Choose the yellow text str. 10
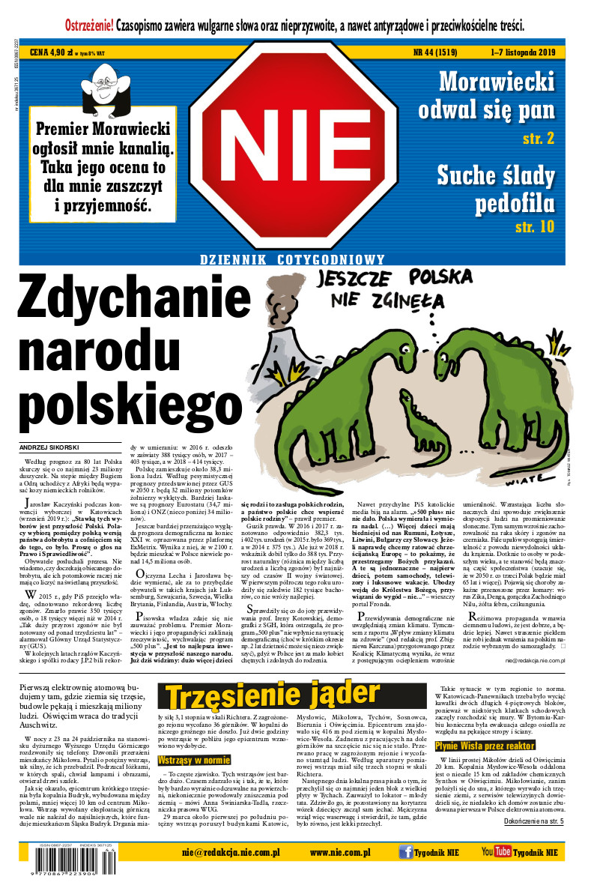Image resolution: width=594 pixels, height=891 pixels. click(x=535, y=226)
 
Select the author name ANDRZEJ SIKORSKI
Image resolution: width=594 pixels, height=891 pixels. click(x=49, y=447)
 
